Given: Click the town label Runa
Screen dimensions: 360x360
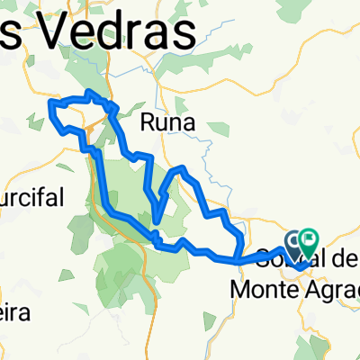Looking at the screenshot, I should (166, 121).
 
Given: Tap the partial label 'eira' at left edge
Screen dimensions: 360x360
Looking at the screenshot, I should (15, 311).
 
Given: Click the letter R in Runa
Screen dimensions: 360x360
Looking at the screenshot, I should (148, 121).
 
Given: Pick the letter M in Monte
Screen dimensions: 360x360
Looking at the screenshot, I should (243, 288).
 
